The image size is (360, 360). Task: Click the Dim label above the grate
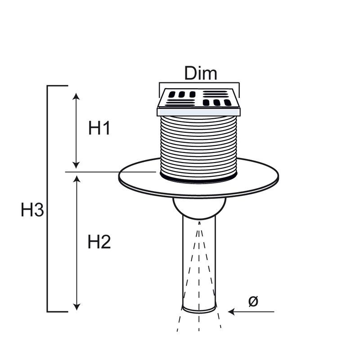pyautogui.click(x=200, y=73)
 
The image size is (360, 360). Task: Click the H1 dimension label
pyautogui.click(x=99, y=129)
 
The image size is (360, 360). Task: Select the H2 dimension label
pyautogui.click(x=99, y=243)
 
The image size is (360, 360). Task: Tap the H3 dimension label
pyautogui.click(x=32, y=210)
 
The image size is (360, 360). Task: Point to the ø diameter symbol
pyautogui.click(x=253, y=301)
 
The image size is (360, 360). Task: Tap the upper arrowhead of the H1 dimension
pyautogui.click(x=76, y=97)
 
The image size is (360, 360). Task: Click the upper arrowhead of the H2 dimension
pyautogui.click(x=77, y=179)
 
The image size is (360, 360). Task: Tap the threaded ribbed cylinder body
pyautogui.click(x=198, y=144)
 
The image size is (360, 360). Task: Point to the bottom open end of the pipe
pyautogui.click(x=199, y=310)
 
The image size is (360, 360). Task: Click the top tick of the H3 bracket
pyautogui.click(x=58, y=85)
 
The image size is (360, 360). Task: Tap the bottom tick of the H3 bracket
pyautogui.click(x=58, y=311)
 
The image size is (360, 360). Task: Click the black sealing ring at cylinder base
pyautogui.click(x=198, y=180)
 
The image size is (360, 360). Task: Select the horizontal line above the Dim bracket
pyautogui.click(x=199, y=83)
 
